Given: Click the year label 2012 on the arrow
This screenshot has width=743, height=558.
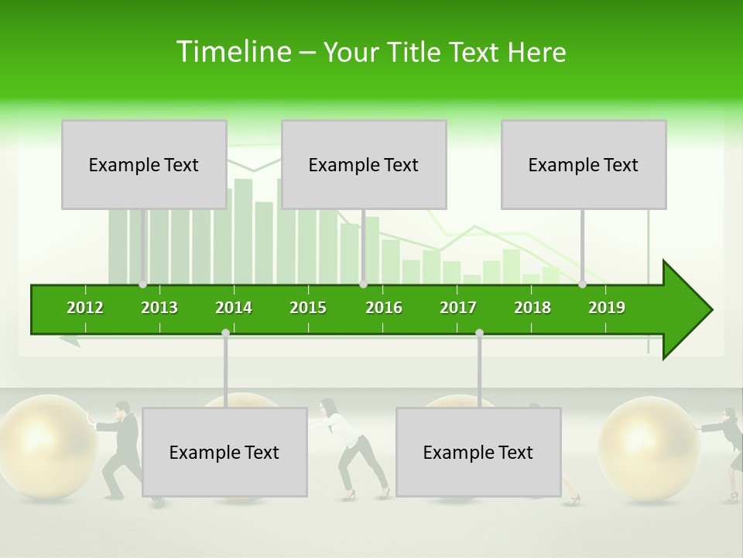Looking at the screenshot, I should coord(85,308).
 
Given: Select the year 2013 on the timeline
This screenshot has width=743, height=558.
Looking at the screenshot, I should coord(159,308).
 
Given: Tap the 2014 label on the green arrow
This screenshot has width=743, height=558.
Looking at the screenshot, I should coord(234,308).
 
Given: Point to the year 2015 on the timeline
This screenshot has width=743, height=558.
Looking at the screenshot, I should coord(308,308).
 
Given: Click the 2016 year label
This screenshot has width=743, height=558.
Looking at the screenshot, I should coord(384,308).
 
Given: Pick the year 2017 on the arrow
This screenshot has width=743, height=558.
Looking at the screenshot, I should coord(458,308).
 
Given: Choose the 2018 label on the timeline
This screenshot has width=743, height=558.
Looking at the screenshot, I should coord(532,308).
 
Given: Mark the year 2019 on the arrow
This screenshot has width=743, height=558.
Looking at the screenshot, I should coord(607,308).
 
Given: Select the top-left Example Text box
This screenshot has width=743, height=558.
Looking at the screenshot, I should coord(144,164).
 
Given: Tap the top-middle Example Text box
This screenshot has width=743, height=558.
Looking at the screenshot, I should coord(364,164).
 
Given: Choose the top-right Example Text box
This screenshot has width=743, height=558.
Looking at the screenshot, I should coord(584,164).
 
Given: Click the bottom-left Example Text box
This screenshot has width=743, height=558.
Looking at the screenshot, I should coord(224,452).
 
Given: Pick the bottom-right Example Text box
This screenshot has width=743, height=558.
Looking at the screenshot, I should coord(478,452).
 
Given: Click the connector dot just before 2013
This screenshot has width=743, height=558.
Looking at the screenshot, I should coord(143,284).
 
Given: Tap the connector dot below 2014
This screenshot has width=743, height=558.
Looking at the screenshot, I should coord(225,332).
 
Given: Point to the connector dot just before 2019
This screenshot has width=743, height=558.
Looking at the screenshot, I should coord(583,284).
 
